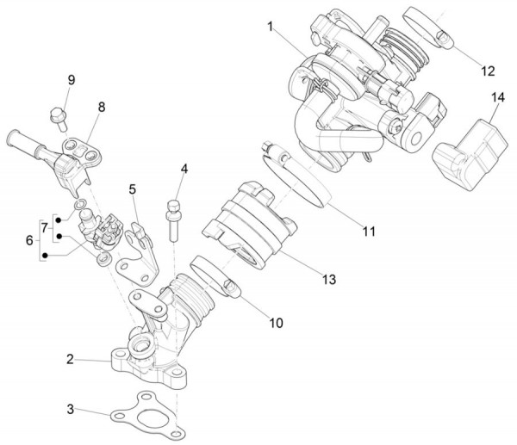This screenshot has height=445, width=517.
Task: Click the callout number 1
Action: (270, 28)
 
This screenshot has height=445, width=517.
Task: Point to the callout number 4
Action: (183, 169)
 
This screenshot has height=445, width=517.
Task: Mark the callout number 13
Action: (329, 280)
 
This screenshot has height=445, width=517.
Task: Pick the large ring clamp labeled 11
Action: (297, 181)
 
